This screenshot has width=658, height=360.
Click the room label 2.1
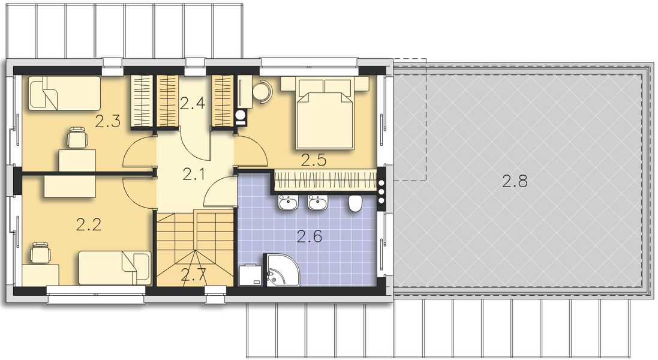pyautogui.click(x=193, y=175)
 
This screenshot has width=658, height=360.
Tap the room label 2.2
pyautogui.click(x=89, y=225)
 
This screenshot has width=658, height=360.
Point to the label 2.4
pyautogui.click(x=193, y=103)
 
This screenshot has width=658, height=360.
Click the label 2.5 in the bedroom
pyautogui.click(x=313, y=160)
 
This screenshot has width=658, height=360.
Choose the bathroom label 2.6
pyautogui.click(x=310, y=236)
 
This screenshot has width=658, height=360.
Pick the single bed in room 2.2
pyautogui.click(x=114, y=268)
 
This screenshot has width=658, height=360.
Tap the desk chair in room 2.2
pyautogui.click(x=40, y=253)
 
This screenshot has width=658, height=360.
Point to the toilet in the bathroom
pyautogui.click(x=354, y=204)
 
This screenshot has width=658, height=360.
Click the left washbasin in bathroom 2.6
pyautogui.click(x=286, y=203)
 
